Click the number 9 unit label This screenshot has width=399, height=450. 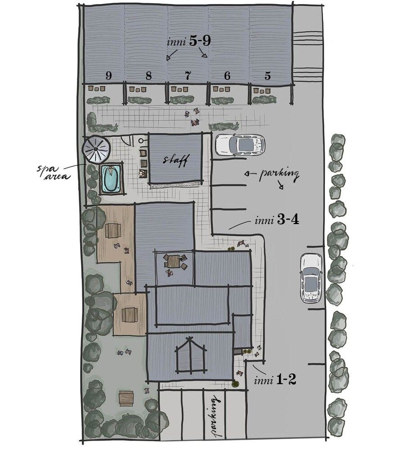[108, 76]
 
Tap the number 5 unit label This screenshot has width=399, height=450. [268, 76]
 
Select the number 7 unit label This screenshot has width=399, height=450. [188, 76]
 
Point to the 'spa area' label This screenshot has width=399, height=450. [54, 172]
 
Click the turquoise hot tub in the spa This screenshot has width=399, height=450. [111, 178]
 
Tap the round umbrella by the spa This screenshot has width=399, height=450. [96, 148]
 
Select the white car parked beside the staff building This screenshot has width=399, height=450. [240, 145]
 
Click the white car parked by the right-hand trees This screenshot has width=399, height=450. [311, 278]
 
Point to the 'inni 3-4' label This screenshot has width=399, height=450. [277, 220]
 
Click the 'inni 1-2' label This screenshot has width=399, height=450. [275, 380]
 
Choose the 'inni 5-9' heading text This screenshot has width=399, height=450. [189, 41]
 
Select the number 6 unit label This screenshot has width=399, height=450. [227, 76]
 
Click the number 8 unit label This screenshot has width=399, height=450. [148, 76]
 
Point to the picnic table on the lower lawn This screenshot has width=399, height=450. [126, 398]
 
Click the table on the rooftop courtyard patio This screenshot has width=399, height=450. [174, 261]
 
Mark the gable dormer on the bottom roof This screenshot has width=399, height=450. [191, 355]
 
